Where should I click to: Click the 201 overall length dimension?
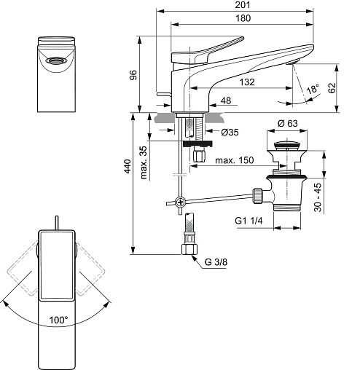pos(243,5)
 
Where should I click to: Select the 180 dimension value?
pos(243,18)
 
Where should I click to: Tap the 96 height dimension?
pos(133,75)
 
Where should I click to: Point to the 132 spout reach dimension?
pos(247,82)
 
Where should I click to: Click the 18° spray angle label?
pos(313,89)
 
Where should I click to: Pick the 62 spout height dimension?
pos(332,87)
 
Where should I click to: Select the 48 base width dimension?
pos(226,101)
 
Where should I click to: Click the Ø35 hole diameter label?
pos(230,132)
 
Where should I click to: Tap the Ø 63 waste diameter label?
pos(288,123)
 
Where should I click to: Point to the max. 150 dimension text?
pos(234,160)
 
